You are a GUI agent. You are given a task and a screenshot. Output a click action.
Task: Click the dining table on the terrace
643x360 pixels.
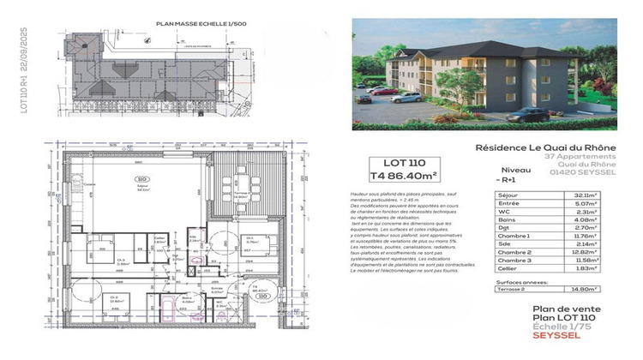click(x=226, y=183)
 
